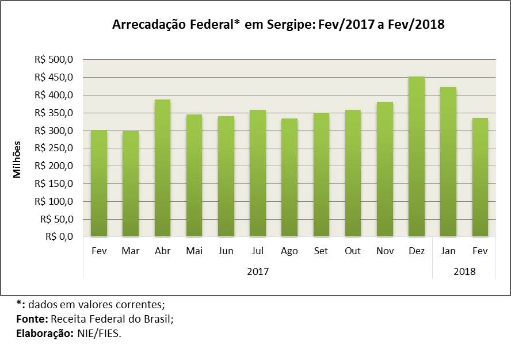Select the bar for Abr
[162, 168]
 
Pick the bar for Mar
[131, 184]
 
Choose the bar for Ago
[289, 177]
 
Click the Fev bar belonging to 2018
[480, 177]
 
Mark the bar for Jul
[258, 173]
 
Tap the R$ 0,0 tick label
[59, 236]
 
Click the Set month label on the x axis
[321, 251]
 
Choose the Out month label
[353, 251]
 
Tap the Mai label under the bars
[194, 251]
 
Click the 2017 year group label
[257, 271]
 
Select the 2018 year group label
[464, 271]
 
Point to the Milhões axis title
[18, 159]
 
